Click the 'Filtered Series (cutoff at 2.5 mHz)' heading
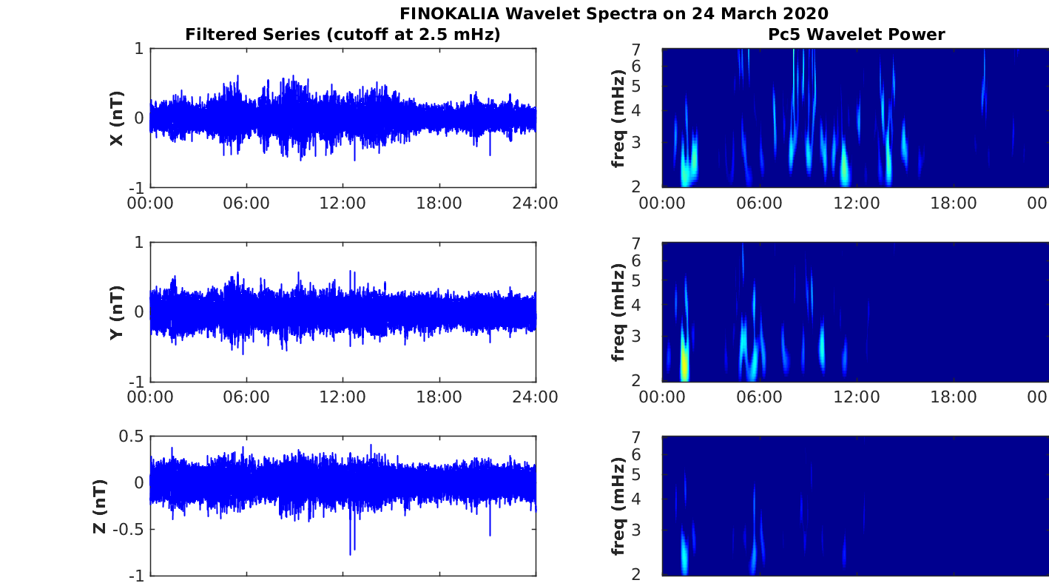pos(343,34)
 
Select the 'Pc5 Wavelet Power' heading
pos(855,34)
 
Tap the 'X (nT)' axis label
pos(116,118)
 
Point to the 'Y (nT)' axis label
pos(116,312)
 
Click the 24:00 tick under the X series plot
pos(535,203)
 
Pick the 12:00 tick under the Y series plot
pos(343,397)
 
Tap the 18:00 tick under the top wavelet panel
pos(953,203)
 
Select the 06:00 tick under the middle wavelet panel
pos(759,397)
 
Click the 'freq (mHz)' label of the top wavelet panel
pos(618,118)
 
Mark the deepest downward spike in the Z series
pos(350,553)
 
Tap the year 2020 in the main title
pos(808,13)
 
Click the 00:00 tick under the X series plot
pos(150,203)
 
